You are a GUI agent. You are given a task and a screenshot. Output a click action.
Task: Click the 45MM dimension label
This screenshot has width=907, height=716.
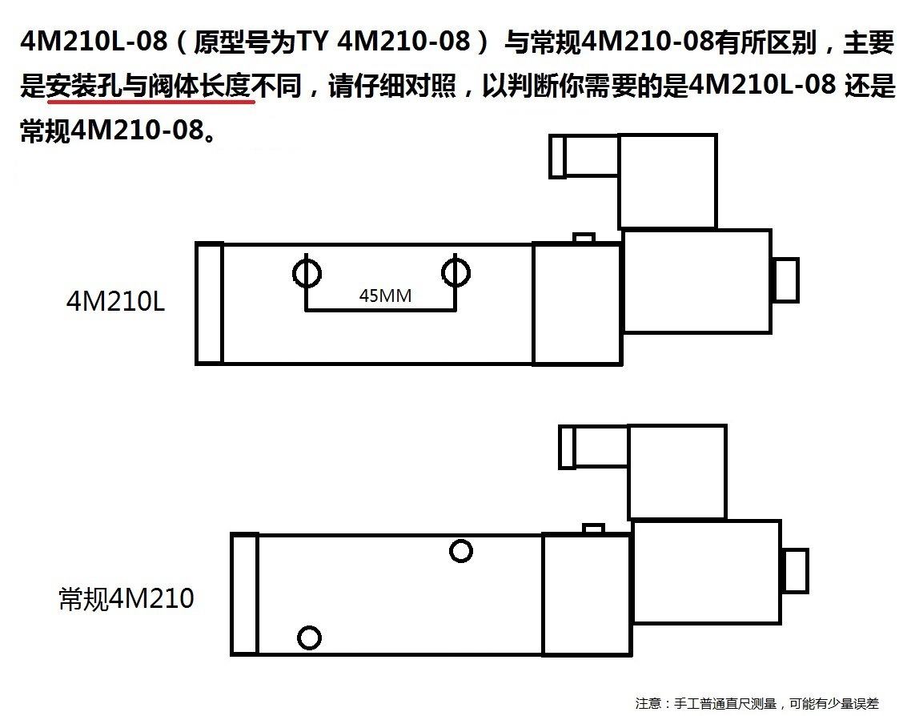(385, 296)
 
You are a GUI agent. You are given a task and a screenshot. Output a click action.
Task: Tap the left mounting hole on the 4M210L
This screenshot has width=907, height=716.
(306, 273)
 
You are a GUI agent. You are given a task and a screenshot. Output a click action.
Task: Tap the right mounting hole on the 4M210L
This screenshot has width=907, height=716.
(456, 273)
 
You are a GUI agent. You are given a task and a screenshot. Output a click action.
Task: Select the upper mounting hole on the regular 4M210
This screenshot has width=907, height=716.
(460, 550)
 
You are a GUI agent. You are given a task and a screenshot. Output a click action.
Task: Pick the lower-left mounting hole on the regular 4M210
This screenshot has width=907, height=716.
(309, 638)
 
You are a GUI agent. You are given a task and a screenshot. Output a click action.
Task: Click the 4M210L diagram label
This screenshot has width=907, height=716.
(115, 301)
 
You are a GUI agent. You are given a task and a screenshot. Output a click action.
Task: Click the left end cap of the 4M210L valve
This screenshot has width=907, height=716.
(209, 304)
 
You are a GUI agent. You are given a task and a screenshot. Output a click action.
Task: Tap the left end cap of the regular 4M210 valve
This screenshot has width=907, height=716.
(244, 594)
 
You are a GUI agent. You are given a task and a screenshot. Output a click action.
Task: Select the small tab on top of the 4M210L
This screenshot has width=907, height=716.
(584, 239)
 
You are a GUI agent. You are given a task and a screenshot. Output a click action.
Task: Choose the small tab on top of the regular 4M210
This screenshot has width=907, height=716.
(593, 529)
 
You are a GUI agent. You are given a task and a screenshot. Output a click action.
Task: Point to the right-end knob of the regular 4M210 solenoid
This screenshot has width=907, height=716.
(794, 570)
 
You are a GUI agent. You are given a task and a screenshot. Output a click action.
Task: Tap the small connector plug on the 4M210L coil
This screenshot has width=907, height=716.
(557, 157)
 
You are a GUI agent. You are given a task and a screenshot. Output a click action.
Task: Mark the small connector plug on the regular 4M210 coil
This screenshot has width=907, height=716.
(567, 447)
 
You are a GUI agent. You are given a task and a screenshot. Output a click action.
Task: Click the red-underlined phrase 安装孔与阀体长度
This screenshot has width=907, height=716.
(150, 86)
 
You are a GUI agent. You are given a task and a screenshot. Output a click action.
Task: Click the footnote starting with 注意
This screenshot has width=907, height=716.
(757, 703)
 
